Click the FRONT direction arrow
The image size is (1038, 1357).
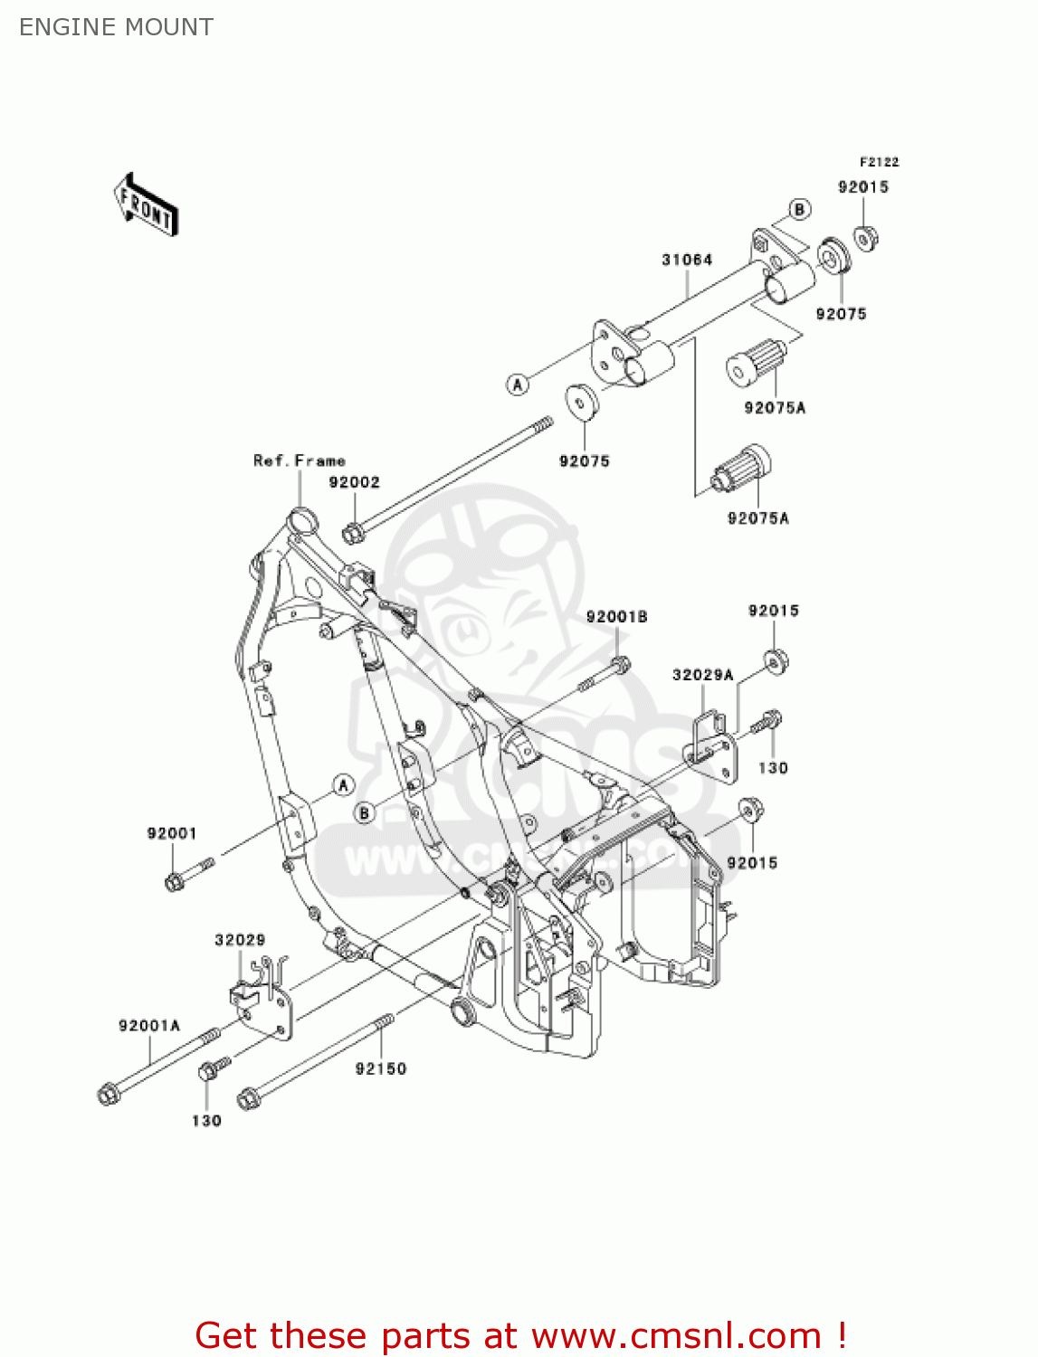(x=146, y=205)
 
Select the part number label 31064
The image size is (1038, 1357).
(x=687, y=260)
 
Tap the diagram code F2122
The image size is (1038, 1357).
(x=879, y=162)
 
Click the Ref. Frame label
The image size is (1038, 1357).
(x=299, y=460)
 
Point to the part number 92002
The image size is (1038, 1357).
(x=354, y=482)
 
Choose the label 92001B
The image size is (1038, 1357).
(x=616, y=617)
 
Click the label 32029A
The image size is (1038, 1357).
(x=702, y=675)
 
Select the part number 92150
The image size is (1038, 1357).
(x=380, y=1068)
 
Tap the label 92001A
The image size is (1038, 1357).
(x=149, y=1026)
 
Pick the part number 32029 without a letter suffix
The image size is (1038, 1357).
(x=240, y=940)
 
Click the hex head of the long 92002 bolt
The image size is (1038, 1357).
(x=352, y=534)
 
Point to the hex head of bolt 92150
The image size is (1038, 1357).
(x=247, y=1099)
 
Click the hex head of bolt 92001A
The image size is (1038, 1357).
(x=108, y=1095)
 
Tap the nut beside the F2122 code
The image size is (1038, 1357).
(x=866, y=238)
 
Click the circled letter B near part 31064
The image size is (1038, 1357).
(x=799, y=210)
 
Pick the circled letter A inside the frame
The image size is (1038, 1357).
(x=343, y=784)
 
